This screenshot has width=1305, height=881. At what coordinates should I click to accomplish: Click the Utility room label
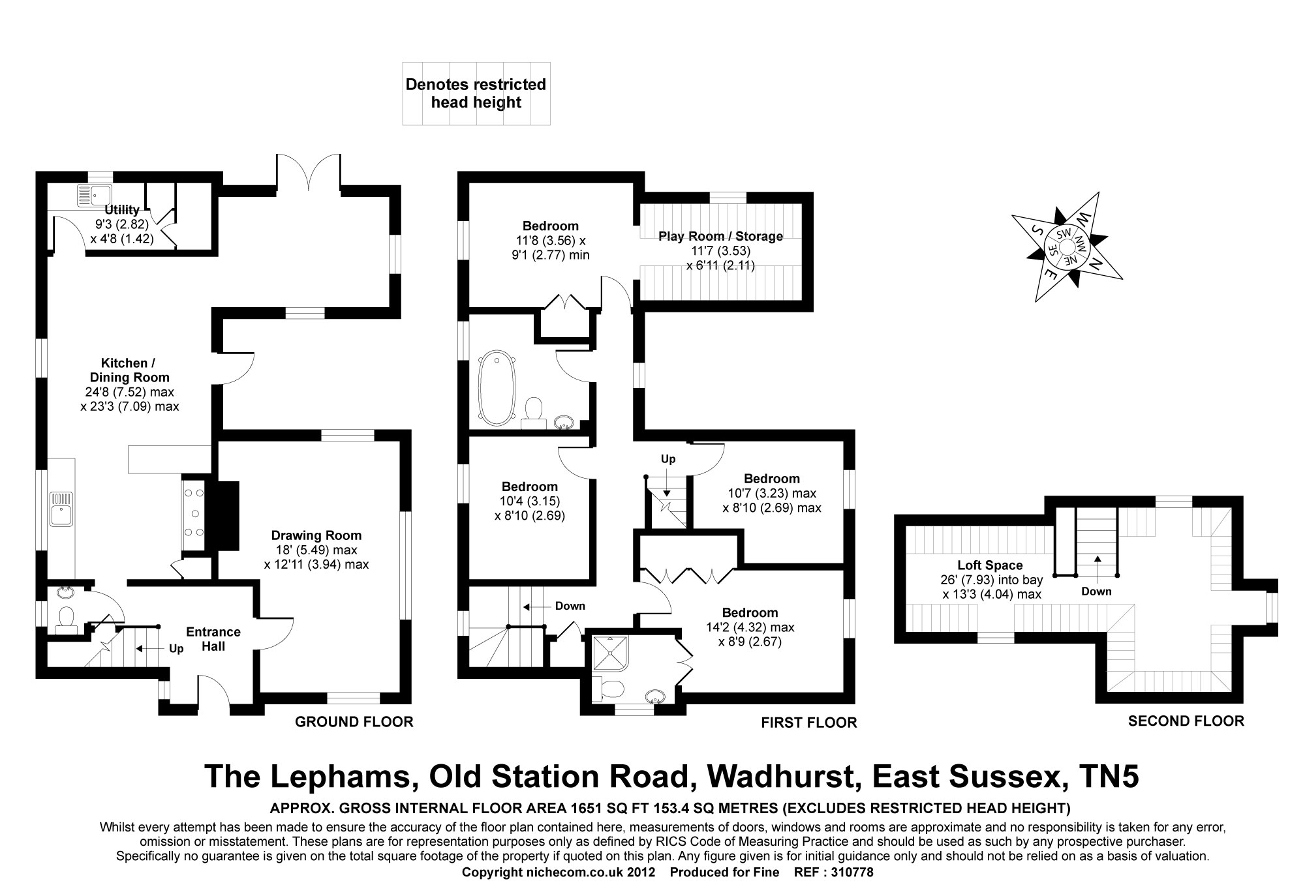pyautogui.click(x=122, y=210)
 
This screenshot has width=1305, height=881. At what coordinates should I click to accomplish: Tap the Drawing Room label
pyautogui.click(x=316, y=536)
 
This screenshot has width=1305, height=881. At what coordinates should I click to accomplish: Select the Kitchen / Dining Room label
pyautogui.click(x=129, y=370)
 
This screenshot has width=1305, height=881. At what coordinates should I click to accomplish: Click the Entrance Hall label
pyautogui.click(x=213, y=639)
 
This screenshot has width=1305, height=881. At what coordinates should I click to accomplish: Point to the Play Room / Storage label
pyautogui.click(x=720, y=236)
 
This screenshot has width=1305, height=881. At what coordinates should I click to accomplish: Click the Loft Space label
pyautogui.click(x=990, y=565)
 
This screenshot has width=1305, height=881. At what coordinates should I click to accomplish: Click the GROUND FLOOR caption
pyautogui.click(x=354, y=722)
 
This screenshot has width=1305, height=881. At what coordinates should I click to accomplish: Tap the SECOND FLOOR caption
pyautogui.click(x=1186, y=721)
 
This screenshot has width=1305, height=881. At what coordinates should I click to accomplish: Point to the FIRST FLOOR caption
pyautogui.click(x=808, y=723)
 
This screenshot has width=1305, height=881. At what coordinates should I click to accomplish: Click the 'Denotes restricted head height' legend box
pyautogui.click(x=476, y=93)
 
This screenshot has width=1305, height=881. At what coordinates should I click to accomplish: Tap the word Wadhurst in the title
pyautogui.click(x=780, y=776)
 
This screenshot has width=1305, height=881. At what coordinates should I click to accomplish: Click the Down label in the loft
pyautogui.click(x=1096, y=591)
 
